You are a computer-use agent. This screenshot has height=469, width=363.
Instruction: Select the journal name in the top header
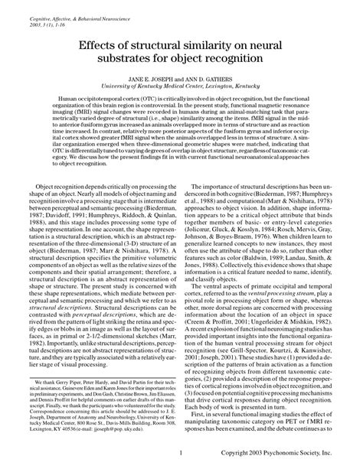(x=77, y=6)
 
